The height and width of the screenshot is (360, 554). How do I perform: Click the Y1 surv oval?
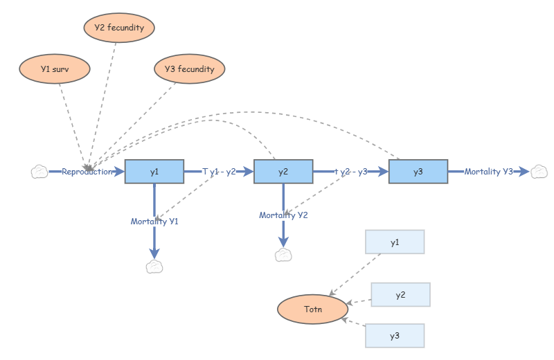55,69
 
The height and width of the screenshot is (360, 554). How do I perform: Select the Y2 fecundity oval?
119,28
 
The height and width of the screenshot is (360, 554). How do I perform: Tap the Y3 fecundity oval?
189,69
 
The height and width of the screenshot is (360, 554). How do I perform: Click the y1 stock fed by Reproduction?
154,172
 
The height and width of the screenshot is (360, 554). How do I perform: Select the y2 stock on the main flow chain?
283,172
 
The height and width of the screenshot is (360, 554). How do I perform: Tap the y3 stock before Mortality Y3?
418,172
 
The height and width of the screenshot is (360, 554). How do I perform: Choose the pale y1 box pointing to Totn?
395,242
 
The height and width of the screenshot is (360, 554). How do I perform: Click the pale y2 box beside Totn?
400,295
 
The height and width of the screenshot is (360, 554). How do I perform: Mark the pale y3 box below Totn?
395,336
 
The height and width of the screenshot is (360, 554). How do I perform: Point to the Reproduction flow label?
87,172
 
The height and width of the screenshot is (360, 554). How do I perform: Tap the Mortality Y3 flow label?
489,172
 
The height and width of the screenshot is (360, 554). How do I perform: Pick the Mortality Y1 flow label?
154,222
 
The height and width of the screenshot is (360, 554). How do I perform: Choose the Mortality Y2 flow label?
283,215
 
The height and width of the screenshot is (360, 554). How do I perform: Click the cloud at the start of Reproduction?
39,172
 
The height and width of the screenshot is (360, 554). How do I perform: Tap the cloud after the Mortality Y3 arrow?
539,172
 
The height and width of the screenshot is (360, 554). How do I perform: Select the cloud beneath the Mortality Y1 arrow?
154,267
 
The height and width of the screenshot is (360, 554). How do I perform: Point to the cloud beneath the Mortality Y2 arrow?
283,255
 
